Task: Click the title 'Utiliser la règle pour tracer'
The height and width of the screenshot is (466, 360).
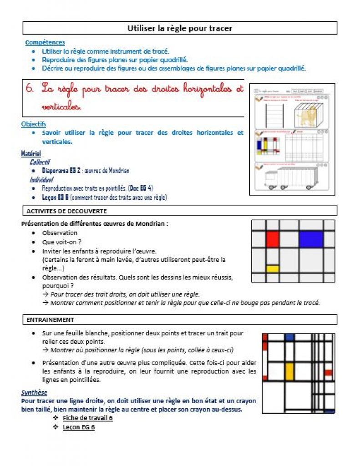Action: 180,28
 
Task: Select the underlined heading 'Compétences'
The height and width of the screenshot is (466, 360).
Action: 45,42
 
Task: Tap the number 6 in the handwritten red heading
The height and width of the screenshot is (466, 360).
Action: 30,88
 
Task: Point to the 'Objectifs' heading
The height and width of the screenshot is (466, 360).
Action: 34,124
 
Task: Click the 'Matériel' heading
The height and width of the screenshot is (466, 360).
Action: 31,154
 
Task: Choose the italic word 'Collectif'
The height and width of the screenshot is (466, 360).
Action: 40,162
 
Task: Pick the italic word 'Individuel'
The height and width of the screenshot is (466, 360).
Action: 41,179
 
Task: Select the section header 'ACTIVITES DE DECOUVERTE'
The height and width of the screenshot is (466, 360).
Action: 66,211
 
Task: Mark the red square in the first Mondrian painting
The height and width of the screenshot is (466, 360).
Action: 272,239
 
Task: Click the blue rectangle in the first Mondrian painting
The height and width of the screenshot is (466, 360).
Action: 311,239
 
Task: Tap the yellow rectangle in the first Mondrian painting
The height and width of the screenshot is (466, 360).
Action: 272,268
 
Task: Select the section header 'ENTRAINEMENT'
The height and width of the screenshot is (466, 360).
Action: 50,320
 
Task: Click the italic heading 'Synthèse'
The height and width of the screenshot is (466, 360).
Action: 34,393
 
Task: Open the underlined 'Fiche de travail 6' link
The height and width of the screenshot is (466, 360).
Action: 87,418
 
